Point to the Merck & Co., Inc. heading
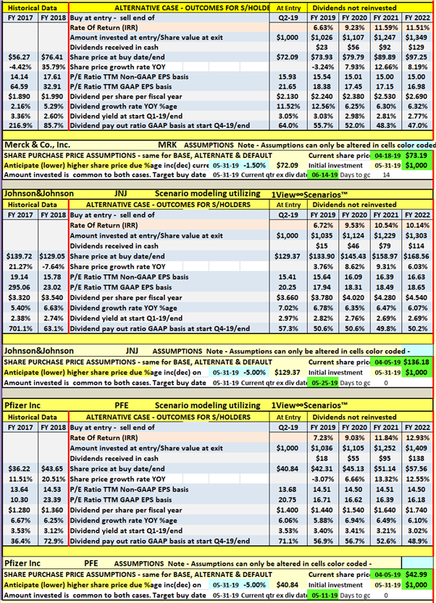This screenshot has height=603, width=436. tap(40, 146)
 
